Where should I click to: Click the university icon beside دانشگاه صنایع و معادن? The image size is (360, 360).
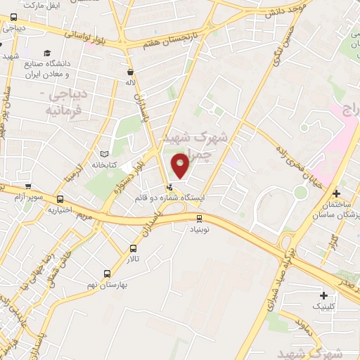click(x=47, y=53)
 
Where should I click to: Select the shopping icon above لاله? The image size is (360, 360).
click(x=130, y=72)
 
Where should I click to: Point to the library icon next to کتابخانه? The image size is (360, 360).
click(x=105, y=153)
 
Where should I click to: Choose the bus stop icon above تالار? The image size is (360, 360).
click(x=134, y=248)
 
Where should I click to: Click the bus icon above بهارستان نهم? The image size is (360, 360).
click(x=107, y=274)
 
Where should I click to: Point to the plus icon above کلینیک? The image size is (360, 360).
click(x=323, y=296)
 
